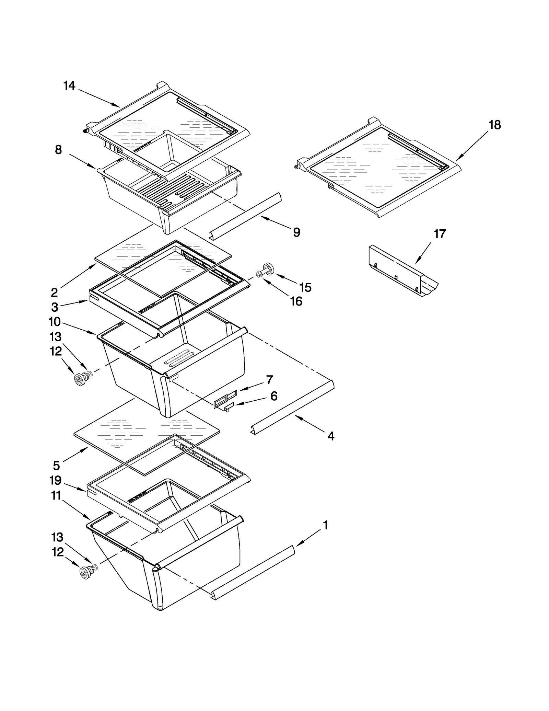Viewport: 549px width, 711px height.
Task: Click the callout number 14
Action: (69, 85)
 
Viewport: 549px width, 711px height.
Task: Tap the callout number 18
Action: (494, 125)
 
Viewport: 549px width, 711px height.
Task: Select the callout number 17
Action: (440, 234)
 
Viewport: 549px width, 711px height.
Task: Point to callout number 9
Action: (296, 232)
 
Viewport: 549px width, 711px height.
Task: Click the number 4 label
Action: (331, 436)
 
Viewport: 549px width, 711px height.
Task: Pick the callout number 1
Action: (325, 525)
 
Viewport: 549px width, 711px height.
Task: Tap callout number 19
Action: (56, 480)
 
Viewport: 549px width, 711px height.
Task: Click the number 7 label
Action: (269, 380)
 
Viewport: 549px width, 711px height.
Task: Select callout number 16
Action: (296, 301)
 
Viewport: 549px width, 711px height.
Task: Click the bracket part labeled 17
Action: (403, 271)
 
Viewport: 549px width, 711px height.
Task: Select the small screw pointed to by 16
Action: (259, 274)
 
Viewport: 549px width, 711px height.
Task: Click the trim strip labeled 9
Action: (245, 216)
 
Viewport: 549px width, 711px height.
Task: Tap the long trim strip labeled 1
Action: (254, 572)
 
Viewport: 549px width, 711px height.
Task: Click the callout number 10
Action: (55, 322)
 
